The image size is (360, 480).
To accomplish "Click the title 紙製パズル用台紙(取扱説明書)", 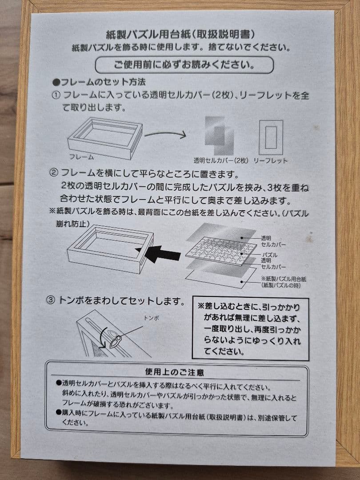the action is coord(180,34).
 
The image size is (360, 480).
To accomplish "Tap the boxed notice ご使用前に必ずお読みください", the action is coord(184,64).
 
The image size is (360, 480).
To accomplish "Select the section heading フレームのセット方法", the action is coord(99,82).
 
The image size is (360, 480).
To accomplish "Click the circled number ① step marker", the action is coord(56,95).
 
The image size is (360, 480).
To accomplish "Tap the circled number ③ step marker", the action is coord(50,300).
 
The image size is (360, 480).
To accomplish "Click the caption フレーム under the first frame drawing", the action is coord(81,157).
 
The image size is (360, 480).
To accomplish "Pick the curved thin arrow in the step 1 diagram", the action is coord(165,134).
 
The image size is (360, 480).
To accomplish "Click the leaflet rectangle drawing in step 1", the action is coord(271,137).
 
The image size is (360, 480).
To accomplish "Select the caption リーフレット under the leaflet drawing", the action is coord(271,160).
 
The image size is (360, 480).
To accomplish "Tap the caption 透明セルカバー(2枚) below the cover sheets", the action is coord(221,160).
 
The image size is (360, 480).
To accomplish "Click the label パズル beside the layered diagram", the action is coord(270,254).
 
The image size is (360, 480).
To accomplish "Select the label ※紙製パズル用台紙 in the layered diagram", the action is coord(283,279).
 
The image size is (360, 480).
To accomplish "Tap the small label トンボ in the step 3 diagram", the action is coord(152,318).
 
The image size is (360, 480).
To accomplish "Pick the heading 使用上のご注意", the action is coord(175,372).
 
